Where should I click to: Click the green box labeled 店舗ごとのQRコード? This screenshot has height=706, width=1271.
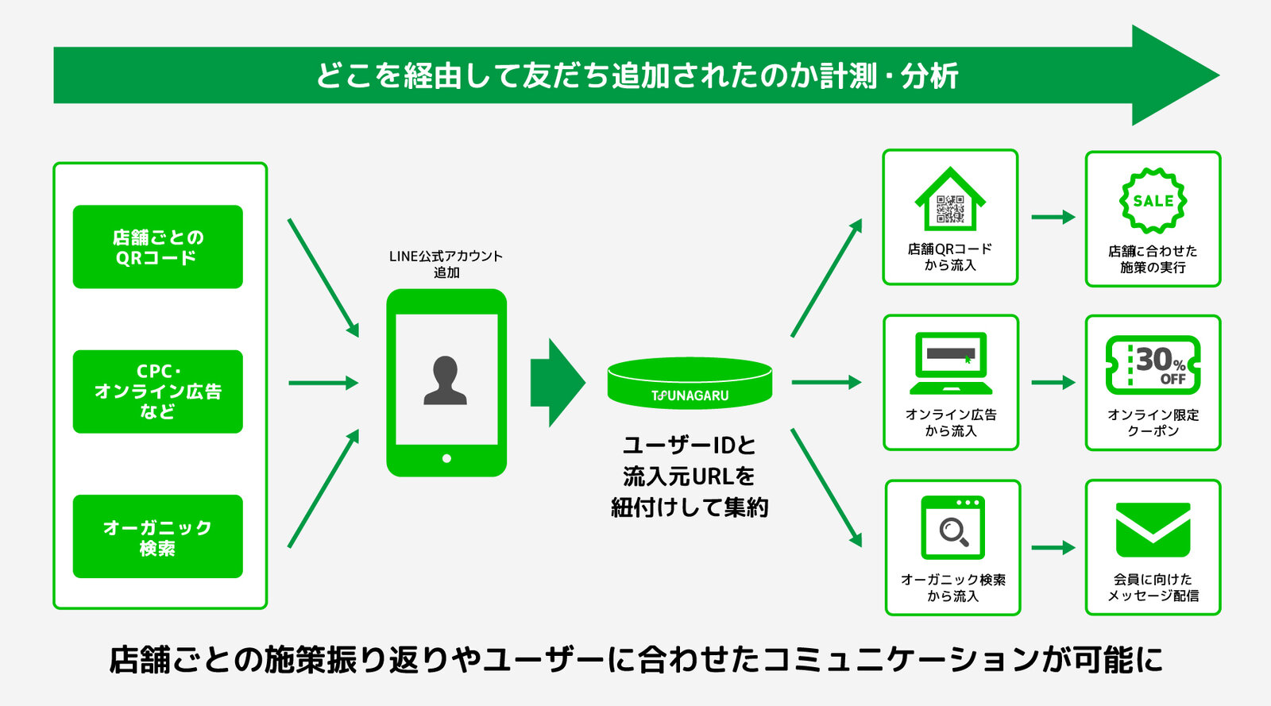coord(158,247)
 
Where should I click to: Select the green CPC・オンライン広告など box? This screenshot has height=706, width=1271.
coord(158,392)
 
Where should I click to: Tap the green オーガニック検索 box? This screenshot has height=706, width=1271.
coord(158,536)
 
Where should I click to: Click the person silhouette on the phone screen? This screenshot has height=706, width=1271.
coord(445,380)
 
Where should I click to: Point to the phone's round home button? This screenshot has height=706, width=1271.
coord(446,458)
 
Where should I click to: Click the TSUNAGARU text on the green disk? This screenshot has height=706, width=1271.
coord(690,395)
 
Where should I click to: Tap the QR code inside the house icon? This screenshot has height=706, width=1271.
coord(950,209)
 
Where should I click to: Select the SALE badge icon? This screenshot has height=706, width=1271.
coord(1153,201)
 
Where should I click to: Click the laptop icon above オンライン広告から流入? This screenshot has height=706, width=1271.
coord(951,363)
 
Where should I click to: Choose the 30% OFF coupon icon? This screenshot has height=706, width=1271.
coord(1153,365)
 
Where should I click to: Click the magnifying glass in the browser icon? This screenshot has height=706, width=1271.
coord(954,532)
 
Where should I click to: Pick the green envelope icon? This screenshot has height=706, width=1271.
coord(1153,530)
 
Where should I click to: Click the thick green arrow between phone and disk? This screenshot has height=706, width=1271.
coord(558,382)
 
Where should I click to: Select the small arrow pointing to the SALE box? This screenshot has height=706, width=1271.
coord(1053,217)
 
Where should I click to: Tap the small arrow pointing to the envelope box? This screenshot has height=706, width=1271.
coord(1053,547)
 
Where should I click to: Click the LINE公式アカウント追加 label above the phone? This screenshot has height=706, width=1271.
coord(446,264)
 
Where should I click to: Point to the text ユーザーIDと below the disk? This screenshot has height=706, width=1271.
coord(690,446)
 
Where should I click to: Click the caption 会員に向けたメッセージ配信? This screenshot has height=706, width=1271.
coord(1153,588)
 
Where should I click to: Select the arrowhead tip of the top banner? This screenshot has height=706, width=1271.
coord(1219,75)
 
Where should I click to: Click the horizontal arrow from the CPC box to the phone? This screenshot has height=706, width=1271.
coord(323,383)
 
